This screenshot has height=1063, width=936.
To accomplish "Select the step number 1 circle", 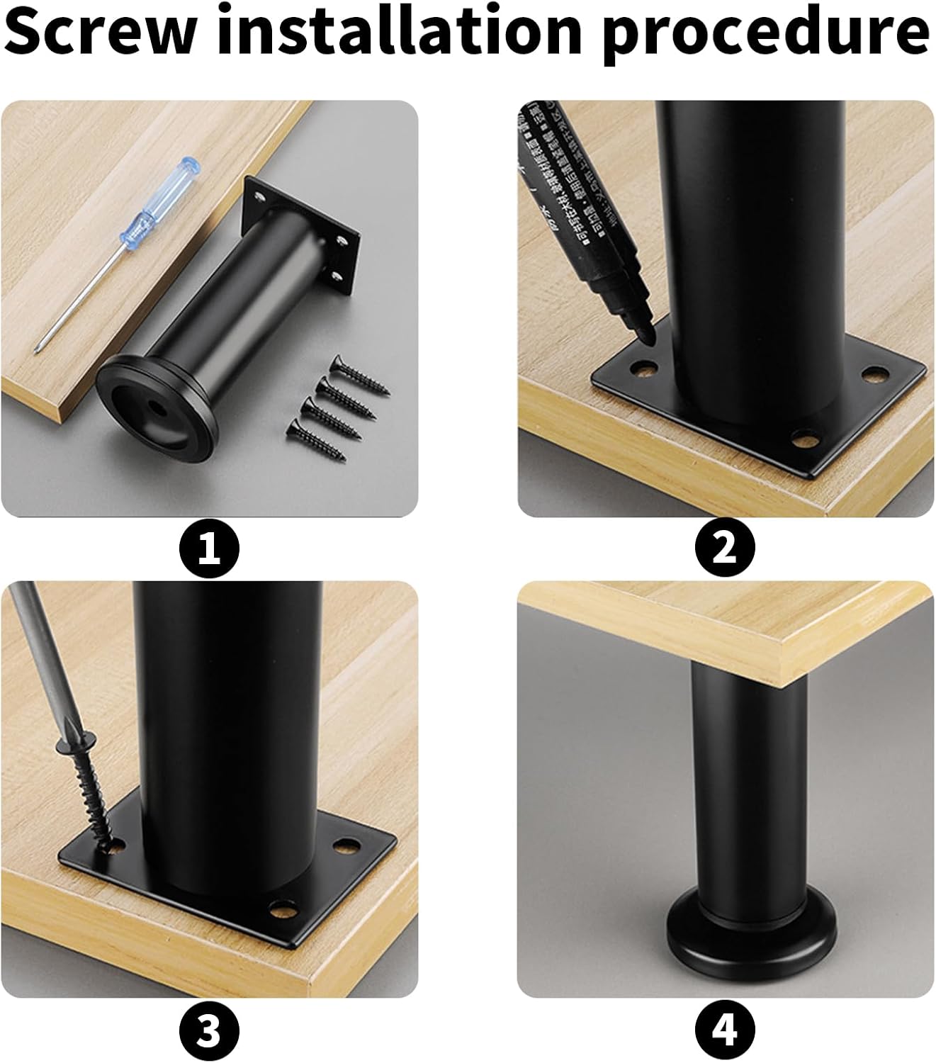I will click(x=209, y=549).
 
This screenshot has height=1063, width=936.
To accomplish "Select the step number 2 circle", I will click(x=724, y=549).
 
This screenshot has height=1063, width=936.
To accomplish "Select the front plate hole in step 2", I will click(x=804, y=440).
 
